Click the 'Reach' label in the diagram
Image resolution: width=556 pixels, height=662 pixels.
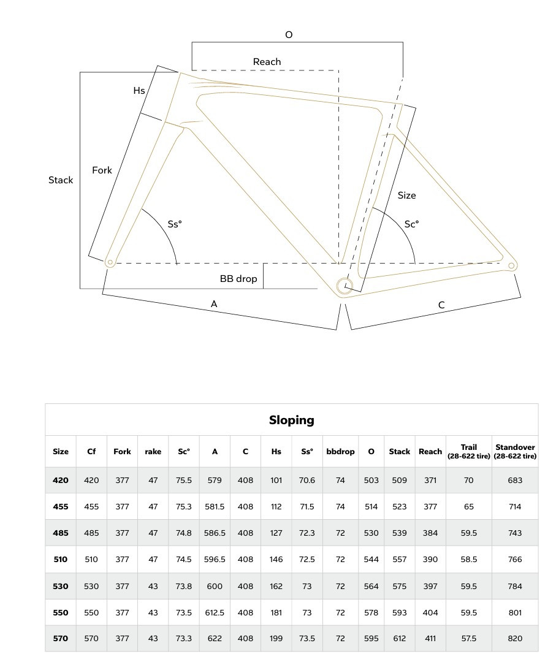click(267, 62)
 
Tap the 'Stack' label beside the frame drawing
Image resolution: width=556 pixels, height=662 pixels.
click(61, 180)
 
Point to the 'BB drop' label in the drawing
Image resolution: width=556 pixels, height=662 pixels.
click(238, 279)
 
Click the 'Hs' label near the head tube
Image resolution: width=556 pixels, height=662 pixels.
click(139, 91)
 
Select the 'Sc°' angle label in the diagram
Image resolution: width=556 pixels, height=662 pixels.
click(411, 224)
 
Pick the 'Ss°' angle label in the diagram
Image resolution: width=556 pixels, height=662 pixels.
click(175, 224)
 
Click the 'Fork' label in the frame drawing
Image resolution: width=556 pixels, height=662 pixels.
click(102, 170)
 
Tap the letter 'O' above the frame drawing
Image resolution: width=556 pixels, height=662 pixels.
click(289, 35)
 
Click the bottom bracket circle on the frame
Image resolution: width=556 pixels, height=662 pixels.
click(345, 285)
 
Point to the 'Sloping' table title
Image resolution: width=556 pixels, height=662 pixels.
click(291, 420)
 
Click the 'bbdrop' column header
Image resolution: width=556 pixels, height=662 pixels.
click(340, 452)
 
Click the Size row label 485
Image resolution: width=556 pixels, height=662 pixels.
click(61, 533)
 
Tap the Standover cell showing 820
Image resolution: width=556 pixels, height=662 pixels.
click(515, 639)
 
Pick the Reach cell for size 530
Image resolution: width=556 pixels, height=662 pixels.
click(430, 586)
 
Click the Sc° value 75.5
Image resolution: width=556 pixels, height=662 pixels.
click(184, 481)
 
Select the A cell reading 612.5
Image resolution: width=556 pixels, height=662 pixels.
click(215, 612)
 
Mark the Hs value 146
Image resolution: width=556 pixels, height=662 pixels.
click(276, 560)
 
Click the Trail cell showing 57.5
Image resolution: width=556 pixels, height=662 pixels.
click(469, 639)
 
